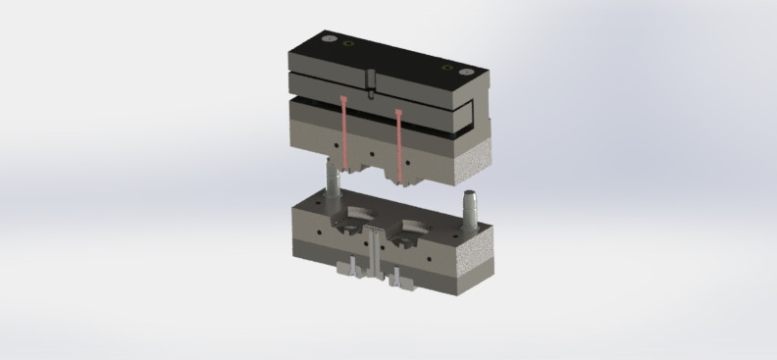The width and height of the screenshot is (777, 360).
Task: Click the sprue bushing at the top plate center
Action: [372, 83]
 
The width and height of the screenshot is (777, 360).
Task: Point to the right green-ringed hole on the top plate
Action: [447, 68]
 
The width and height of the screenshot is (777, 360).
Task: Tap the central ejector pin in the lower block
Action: [375, 251]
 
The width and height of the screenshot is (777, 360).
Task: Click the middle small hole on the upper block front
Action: [371, 154]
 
